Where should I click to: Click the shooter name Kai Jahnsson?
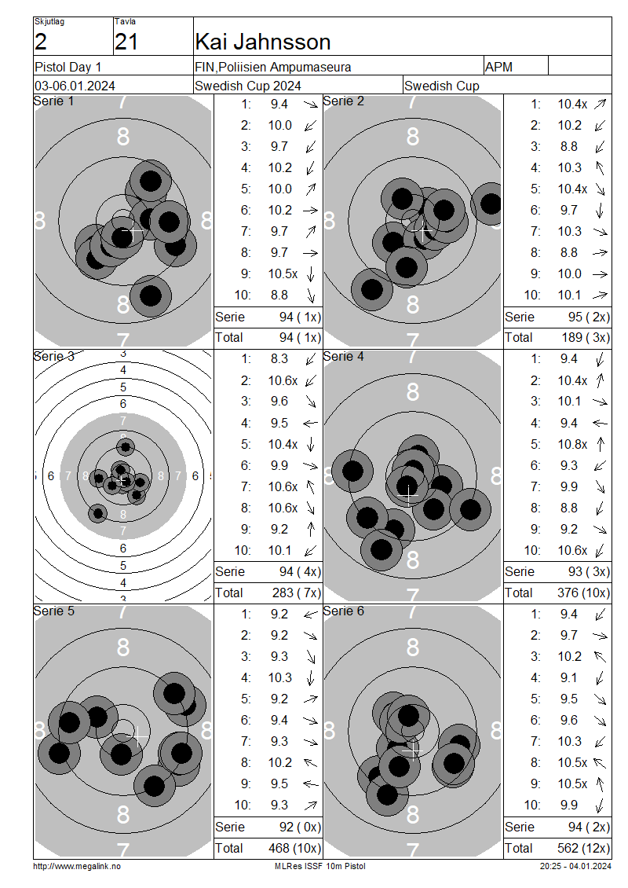pyautogui.click(x=262, y=42)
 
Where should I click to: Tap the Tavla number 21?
pyautogui.click(x=126, y=42)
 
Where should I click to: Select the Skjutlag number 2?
pyautogui.click(x=40, y=42)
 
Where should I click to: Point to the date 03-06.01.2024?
pyautogui.click(x=75, y=86)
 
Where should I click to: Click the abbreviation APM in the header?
pyautogui.click(x=498, y=67)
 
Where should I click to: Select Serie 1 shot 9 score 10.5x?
pyautogui.click(x=283, y=274)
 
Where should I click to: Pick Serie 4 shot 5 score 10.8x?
pyautogui.click(x=572, y=445)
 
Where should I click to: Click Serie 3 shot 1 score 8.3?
pyautogui.click(x=279, y=359)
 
